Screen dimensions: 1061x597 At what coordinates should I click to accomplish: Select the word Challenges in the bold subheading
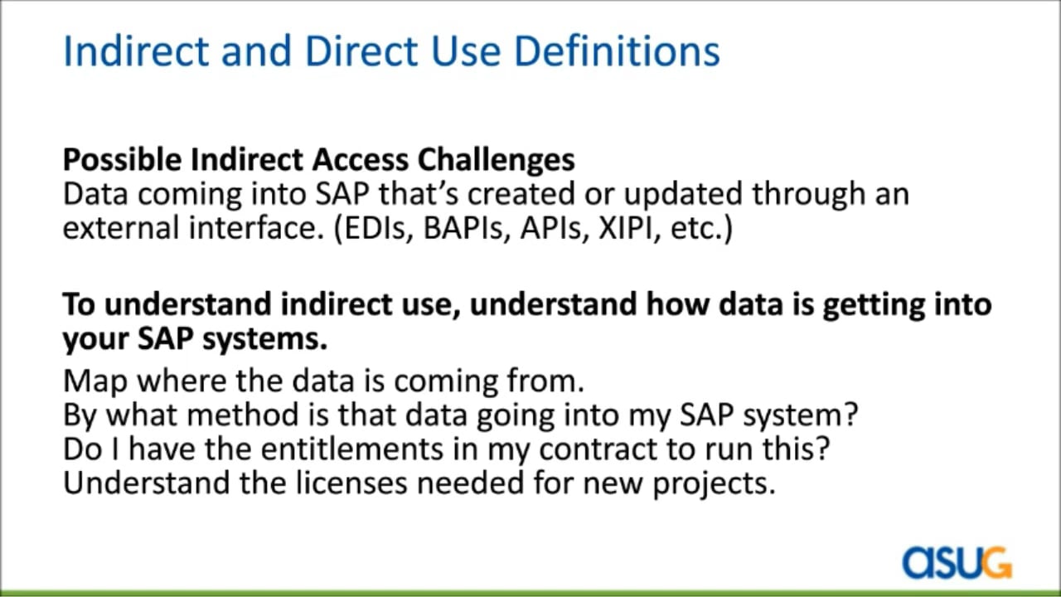(x=497, y=160)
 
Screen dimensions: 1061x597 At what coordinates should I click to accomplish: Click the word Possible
(x=122, y=160)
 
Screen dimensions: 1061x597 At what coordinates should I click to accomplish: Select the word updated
(x=683, y=194)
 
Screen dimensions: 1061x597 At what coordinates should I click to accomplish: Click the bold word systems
(x=264, y=339)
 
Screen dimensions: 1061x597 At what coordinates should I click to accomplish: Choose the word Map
(x=95, y=381)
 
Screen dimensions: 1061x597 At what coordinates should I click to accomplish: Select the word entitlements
(x=352, y=449)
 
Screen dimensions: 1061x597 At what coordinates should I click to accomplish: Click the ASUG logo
(x=957, y=562)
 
